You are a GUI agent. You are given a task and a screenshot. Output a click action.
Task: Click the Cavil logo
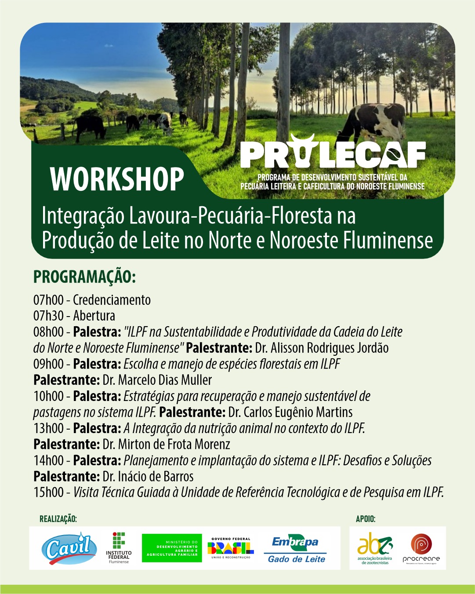(x=69, y=548)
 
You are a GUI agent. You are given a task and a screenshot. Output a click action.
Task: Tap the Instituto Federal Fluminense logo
(x=119, y=547)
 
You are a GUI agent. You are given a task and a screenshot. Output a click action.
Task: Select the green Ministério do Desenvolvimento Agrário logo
(x=172, y=548)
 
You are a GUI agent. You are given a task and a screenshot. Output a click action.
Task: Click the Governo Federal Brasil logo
(x=231, y=548)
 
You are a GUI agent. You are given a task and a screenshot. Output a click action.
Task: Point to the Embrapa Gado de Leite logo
(x=296, y=549)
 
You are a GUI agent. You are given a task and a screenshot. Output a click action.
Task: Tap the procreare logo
(x=421, y=548)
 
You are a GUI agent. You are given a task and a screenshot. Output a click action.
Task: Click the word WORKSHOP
(x=117, y=179)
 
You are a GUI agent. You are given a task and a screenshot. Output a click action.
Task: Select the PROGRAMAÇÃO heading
(x=84, y=277)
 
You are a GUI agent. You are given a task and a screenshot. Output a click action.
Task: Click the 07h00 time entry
(x=48, y=300)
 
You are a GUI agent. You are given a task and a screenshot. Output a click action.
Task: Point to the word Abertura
(x=94, y=316)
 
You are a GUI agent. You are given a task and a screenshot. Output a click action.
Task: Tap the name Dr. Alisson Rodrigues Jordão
(x=322, y=348)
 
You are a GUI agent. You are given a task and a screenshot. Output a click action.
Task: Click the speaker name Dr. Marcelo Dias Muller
(x=157, y=380)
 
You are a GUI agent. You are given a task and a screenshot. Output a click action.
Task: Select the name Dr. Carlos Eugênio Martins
(x=290, y=412)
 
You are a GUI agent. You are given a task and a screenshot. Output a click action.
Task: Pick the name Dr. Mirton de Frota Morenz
(x=166, y=444)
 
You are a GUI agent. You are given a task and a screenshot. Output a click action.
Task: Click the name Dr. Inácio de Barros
(x=148, y=477)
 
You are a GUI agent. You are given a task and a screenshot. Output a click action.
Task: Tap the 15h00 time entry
(x=48, y=492)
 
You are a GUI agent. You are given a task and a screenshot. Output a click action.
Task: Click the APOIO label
(x=366, y=519)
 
